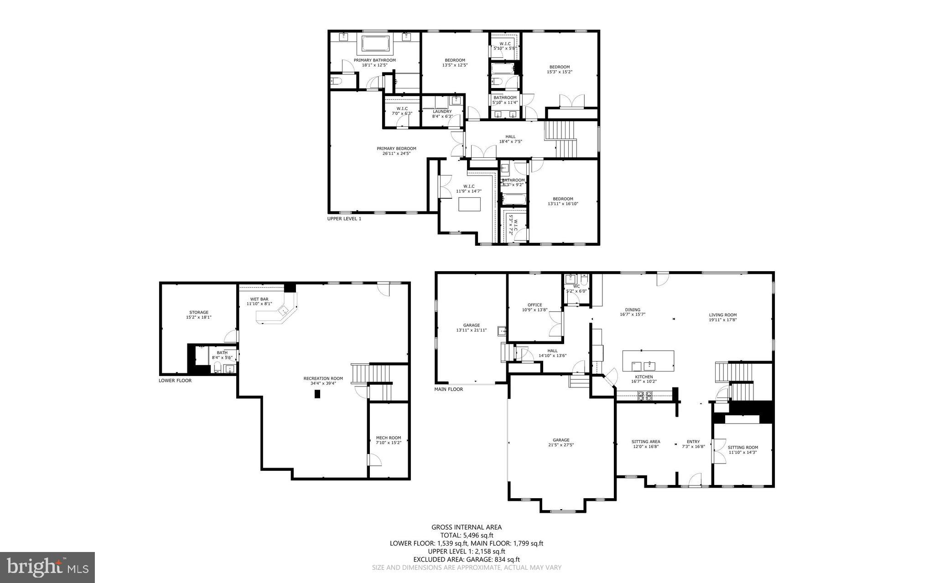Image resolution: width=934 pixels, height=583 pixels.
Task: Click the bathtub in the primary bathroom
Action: [375, 44]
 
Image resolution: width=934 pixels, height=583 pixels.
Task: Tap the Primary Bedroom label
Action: [396, 149]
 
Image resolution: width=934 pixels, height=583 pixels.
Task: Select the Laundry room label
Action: [442, 111]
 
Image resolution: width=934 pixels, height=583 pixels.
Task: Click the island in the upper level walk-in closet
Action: [470, 204]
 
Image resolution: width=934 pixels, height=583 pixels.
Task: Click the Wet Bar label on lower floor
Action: [259, 299]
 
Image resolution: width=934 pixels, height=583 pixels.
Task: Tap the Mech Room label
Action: [389, 438]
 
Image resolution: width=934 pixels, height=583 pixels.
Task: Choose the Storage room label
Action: [199, 312]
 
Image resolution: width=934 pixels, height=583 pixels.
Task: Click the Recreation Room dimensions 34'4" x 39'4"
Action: [323, 383]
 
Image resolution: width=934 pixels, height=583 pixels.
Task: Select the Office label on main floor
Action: [534, 305]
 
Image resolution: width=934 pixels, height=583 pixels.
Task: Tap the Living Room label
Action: [723, 315]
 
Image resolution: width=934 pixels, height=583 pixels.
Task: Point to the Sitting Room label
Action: [742, 447]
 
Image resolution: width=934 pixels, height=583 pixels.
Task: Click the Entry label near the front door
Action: [693, 442]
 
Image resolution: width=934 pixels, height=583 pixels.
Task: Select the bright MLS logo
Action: [47, 567]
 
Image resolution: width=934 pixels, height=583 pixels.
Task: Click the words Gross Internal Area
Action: [467, 527]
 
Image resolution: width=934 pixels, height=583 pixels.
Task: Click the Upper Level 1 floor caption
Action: [344, 219]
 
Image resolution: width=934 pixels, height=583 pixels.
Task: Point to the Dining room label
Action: [633, 310]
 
